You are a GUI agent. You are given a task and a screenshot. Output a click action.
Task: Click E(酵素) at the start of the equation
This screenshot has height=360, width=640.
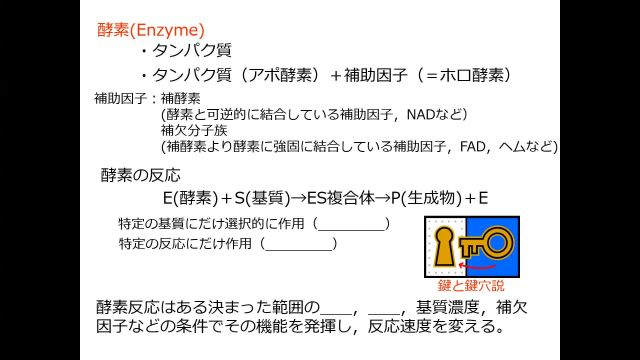point(190,196)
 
